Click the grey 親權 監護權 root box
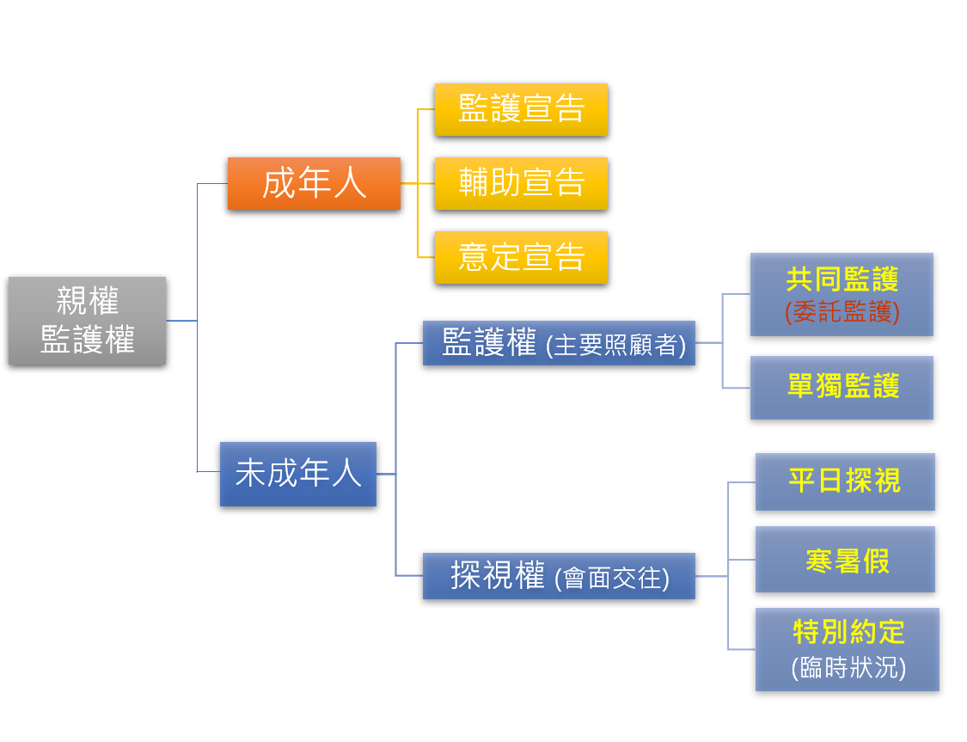coord(87,321)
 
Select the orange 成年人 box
coord(314,183)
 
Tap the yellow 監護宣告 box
coord(521,109)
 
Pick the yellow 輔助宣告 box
coord(521,183)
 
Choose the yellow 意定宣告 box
coord(521,257)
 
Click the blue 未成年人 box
coord(298,474)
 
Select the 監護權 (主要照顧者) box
coord(559,342)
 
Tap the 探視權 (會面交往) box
coord(559,576)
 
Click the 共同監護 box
coord(842,294)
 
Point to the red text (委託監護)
coord(842,312)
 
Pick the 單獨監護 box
coord(842,388)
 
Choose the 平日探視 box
coord(845,481)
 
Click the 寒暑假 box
coord(845,560)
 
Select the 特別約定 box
coord(848,649)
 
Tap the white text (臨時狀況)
coord(848,668)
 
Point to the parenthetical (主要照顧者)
coord(616,345)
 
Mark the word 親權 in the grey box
coord(87,301)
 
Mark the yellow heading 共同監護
coord(842,279)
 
